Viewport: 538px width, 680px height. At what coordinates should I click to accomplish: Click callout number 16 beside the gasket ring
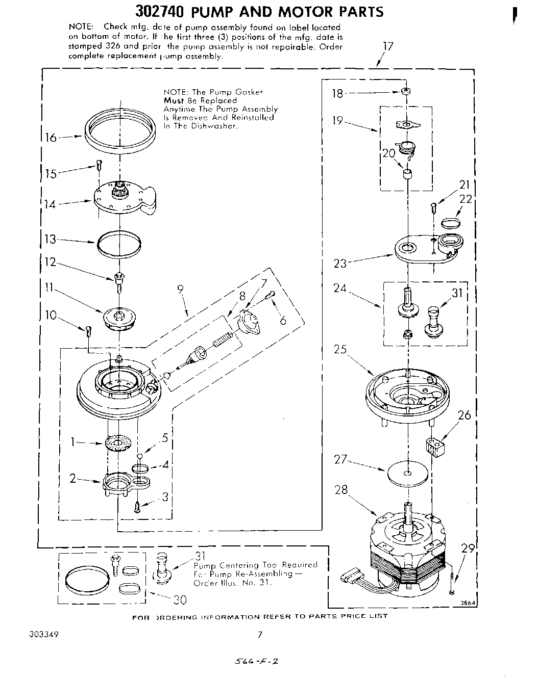(51, 138)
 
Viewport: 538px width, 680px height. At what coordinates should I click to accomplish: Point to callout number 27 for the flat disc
(340, 460)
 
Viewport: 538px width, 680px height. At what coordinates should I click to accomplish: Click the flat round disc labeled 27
(407, 473)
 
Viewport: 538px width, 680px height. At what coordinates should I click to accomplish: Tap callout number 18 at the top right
(338, 93)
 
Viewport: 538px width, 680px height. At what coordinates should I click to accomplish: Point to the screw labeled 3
(137, 506)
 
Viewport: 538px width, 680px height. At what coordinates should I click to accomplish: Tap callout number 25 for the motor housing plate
(340, 350)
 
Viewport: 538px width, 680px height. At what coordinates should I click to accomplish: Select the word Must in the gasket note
(174, 100)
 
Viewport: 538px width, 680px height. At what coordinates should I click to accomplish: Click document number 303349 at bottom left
(45, 635)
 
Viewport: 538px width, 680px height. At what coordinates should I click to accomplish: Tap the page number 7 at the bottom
(260, 635)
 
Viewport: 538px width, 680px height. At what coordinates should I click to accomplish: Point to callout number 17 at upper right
(388, 47)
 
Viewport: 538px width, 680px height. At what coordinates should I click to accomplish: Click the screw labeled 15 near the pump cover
(99, 165)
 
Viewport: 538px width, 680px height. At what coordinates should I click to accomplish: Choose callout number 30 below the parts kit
(180, 600)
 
